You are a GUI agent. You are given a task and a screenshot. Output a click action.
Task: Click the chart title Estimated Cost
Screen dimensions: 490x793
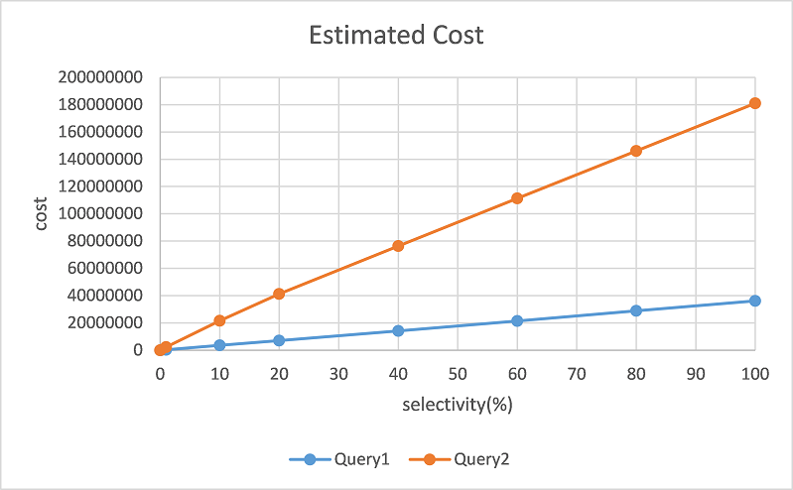[396, 36]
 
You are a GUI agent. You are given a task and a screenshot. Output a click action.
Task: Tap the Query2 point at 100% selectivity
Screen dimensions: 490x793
[755, 103]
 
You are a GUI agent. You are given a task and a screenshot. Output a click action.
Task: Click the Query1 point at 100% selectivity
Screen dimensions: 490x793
[755, 301]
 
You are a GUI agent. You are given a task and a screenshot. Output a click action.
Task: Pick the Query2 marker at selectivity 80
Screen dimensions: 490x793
[636, 151]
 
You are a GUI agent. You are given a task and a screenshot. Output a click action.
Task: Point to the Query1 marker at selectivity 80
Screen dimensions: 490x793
[636, 310]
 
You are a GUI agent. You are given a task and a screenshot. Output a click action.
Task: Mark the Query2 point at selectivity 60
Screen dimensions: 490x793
[517, 198]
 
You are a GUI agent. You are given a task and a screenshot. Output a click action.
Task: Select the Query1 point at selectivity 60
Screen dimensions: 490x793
[517, 320]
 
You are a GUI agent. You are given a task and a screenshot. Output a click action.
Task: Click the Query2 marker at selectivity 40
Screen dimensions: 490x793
[398, 246]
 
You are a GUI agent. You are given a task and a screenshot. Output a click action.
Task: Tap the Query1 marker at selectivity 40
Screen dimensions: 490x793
[398, 330]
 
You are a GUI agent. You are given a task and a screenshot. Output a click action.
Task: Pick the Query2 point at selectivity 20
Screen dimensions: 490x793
[279, 294]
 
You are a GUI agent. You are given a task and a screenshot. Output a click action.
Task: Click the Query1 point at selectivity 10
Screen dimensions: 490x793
[219, 345]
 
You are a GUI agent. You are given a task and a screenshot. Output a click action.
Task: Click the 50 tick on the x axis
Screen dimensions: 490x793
[458, 376]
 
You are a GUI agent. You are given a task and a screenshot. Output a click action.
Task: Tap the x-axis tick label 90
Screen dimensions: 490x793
[696, 376]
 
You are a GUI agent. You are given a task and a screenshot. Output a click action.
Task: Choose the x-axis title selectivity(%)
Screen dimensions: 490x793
[458, 405]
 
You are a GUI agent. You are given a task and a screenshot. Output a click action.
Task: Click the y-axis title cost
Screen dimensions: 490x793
[42, 213]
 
